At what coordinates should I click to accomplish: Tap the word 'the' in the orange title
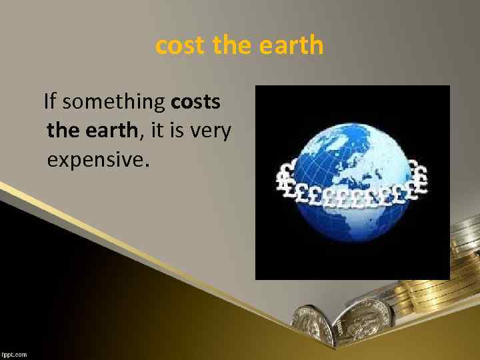click(230, 46)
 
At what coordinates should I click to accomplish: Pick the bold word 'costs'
click(197, 103)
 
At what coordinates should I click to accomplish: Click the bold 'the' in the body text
click(63, 131)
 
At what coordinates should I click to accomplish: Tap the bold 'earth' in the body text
click(111, 131)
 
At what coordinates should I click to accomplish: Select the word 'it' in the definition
click(158, 131)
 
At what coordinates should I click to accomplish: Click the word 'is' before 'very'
click(179, 131)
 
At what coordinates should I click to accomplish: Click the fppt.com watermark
click(14, 355)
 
